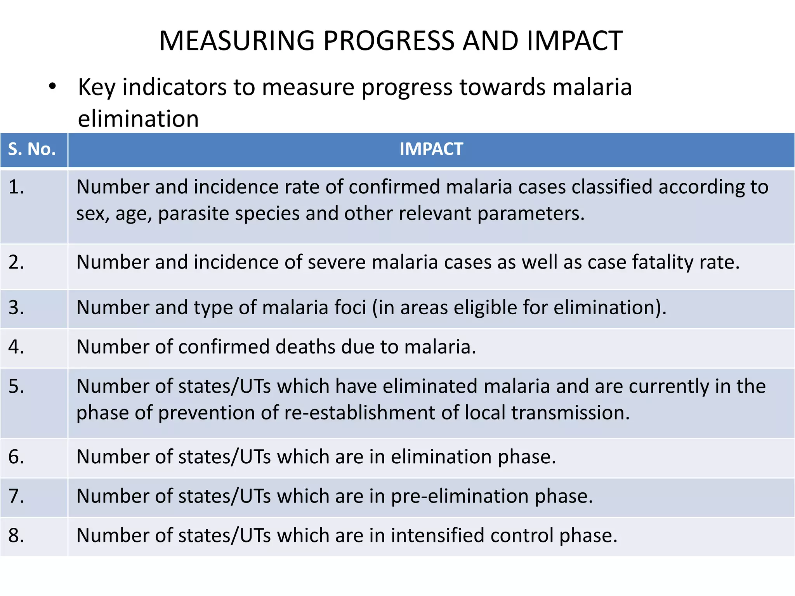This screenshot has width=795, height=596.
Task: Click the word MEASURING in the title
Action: [x=237, y=41]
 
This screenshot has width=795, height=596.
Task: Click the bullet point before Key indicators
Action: [x=52, y=87]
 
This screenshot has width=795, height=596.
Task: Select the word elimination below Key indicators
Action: [x=138, y=119]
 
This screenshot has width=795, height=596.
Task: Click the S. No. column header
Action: [x=32, y=149]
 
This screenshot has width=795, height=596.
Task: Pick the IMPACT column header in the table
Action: [x=431, y=149]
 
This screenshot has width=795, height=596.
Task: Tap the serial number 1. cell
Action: [x=16, y=187]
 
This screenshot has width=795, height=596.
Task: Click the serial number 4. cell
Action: [x=16, y=347]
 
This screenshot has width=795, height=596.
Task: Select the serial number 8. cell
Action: [x=16, y=536]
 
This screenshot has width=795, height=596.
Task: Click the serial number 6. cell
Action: [x=16, y=457]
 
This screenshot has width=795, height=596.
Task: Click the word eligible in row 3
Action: [x=485, y=308]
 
